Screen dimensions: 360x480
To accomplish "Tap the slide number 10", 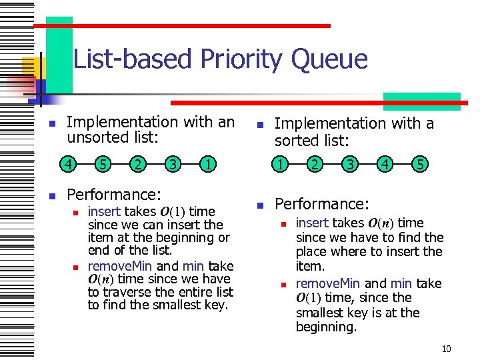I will pyautogui.click(x=447, y=349).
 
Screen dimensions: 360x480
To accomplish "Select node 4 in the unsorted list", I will pyautogui.click(x=68, y=163).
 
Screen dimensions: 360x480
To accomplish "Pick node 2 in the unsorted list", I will pyautogui.click(x=137, y=163).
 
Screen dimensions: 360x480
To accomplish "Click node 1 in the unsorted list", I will pyautogui.click(x=209, y=163).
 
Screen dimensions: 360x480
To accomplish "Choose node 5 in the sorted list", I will pyautogui.click(x=420, y=163).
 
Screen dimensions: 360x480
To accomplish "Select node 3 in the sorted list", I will pyautogui.click(x=349, y=163).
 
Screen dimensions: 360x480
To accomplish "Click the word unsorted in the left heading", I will pyautogui.click(x=95, y=138).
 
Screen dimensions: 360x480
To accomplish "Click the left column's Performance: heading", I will pyautogui.click(x=114, y=195).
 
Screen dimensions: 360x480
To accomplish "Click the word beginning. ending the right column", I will pyautogui.click(x=327, y=327).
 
